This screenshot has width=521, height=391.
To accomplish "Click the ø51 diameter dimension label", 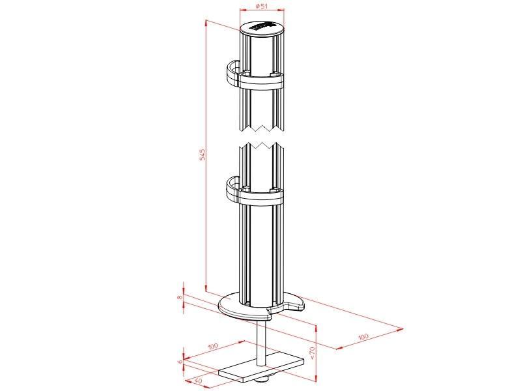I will coord(261,7).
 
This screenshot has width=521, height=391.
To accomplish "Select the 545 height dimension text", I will coord(203,154).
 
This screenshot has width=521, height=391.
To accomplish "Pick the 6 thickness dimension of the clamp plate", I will coord(180,360).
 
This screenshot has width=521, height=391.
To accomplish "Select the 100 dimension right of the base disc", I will coord(362,336).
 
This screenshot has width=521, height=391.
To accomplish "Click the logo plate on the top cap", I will coord(262,26).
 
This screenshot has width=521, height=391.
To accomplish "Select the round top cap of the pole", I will coord(262,30).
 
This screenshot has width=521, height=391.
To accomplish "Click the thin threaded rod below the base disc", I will coord(262,342).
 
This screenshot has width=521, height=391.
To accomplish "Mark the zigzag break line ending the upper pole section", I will coord(262,124).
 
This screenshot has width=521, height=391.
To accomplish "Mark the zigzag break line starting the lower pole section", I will coord(262,145).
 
